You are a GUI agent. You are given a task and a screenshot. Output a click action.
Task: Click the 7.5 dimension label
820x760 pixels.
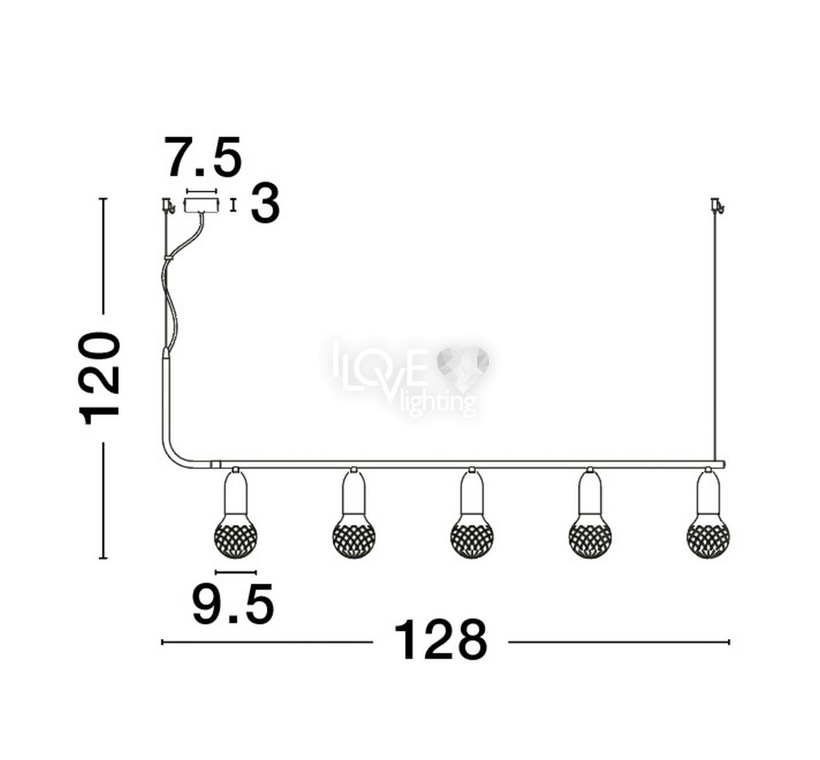[203, 156]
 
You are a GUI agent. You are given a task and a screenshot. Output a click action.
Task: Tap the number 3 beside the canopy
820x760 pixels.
[265, 204]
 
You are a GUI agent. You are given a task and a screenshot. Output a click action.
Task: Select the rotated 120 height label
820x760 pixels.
[99, 378]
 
